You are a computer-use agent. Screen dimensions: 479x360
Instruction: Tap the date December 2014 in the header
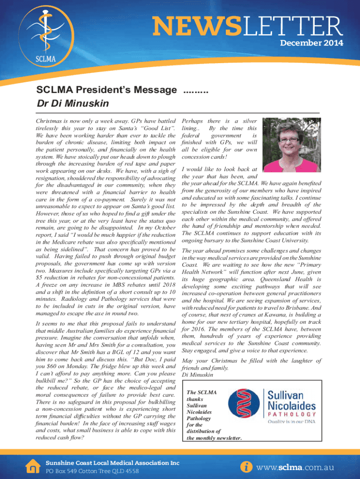tap(311, 44)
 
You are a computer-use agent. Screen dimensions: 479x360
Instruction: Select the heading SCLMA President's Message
tap(108, 89)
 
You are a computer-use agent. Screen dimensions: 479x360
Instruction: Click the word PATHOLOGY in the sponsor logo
tap(291, 414)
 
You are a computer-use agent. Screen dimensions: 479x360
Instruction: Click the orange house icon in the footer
tap(33, 465)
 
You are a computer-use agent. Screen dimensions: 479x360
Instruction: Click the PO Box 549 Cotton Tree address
tap(92, 471)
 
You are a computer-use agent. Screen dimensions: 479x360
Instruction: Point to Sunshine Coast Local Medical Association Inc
tap(112, 463)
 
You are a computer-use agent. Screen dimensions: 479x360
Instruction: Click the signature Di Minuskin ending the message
tap(197, 375)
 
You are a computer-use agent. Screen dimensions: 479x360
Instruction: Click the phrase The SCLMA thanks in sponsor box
tap(198, 396)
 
